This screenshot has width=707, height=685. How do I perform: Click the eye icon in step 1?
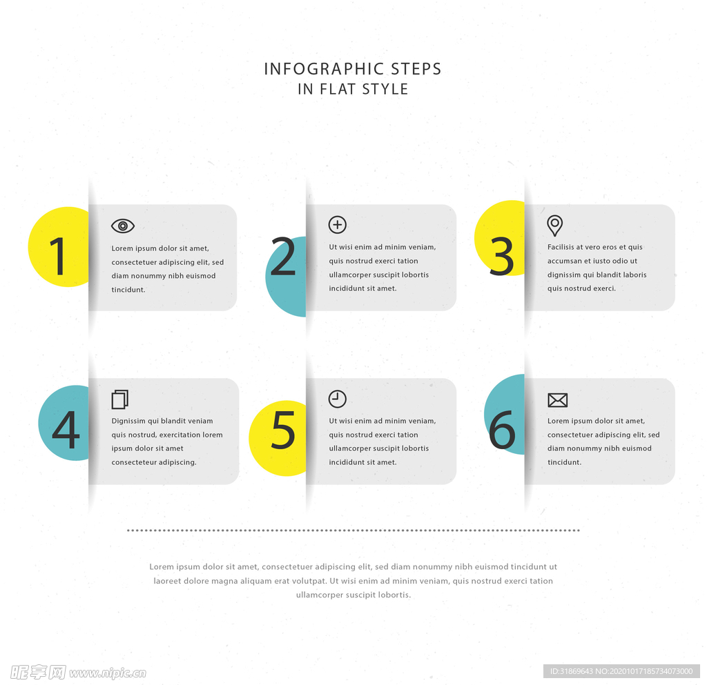tap(123, 226)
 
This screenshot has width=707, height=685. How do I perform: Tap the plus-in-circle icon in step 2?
tap(337, 224)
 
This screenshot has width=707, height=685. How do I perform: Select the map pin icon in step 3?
tap(554, 225)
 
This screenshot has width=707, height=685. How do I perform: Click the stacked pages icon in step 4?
tap(120, 399)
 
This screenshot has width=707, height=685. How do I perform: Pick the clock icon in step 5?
tap(337, 399)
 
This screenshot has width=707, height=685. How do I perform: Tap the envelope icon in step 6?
tap(557, 399)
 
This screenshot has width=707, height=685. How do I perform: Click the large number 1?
tap(58, 256)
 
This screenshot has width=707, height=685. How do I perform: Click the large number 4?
tap(66, 430)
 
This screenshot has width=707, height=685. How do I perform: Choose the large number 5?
tap(283, 430)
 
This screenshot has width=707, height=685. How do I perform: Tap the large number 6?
tap(502, 430)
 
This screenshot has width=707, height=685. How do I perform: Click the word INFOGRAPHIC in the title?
tap(324, 69)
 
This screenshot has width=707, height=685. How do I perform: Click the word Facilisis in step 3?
tap(561, 247)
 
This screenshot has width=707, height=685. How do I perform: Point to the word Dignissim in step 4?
tap(128, 421)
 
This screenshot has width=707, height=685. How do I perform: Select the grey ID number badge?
tap(621, 671)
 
